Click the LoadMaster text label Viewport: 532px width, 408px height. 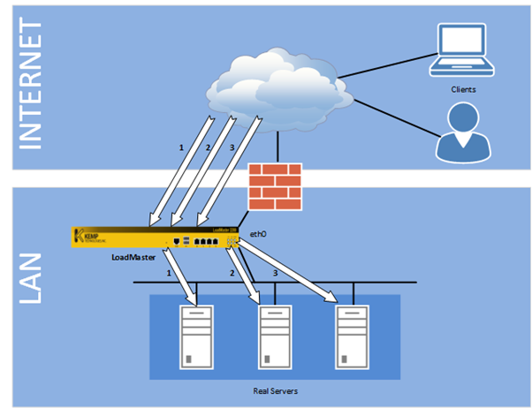point(132,257)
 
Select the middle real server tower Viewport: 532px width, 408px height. point(274,336)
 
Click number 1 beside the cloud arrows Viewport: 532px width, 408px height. point(181,147)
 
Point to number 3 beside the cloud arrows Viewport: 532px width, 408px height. point(232,147)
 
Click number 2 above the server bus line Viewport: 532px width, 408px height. point(231,275)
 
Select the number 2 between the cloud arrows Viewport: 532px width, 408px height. point(208,147)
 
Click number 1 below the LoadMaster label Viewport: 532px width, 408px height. point(168,275)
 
